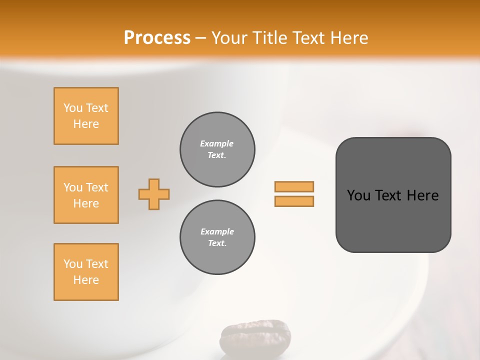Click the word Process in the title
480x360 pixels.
coord(157,37)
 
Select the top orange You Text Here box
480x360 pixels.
coord(86,116)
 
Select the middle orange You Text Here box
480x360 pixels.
coord(86,195)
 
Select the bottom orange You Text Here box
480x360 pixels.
coord(86,272)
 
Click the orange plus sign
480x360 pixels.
coord(154,194)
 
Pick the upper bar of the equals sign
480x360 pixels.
coord(294,186)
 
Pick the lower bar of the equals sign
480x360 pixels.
coord(294,201)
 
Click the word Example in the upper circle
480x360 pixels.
coord(216,143)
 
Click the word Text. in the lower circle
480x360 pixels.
coord(217,243)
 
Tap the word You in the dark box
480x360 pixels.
coord(358,195)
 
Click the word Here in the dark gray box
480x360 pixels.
coord(422,195)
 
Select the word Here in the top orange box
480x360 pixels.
coord(86,124)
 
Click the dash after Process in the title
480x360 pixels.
coord(201,38)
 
